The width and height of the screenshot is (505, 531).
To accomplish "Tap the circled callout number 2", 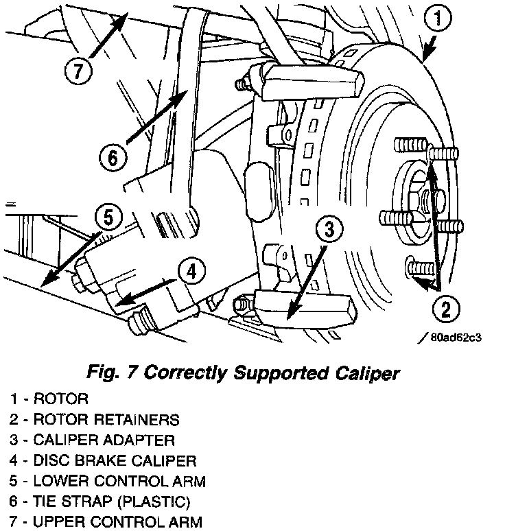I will coord(445,309).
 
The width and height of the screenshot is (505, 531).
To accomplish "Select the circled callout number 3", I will coord(330,230).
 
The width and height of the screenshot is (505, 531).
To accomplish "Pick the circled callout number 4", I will coord(192,272).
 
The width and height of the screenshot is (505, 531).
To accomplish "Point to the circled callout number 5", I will coord(108,218).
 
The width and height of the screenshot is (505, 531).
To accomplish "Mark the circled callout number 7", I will coord(78,69).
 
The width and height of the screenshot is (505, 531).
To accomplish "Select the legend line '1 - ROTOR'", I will coord(49,399).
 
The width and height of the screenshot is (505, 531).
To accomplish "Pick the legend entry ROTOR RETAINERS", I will coord(96,419).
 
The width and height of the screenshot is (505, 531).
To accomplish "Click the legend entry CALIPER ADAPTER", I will coord(93,440).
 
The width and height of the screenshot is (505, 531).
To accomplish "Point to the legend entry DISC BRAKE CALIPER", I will coord(103,460).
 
